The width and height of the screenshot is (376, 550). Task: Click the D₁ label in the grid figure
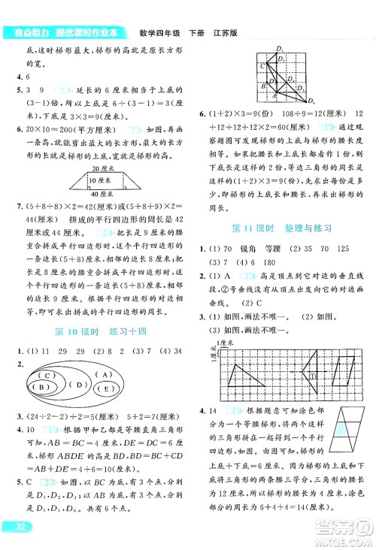[280, 50]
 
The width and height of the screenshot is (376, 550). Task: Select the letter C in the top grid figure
[261, 66]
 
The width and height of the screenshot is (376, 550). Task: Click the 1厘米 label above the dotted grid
[225, 343]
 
